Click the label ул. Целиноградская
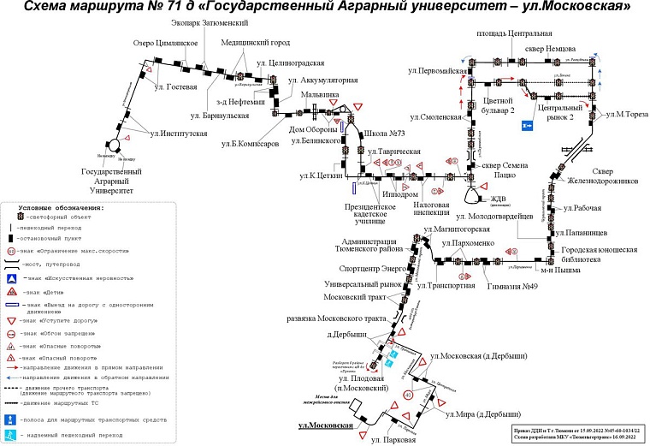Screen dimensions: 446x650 click(x=291, y=63)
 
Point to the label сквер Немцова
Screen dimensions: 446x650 click(x=574, y=48)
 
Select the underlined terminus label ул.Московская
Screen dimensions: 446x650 click(x=326, y=425)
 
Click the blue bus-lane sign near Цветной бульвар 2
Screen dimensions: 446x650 click(x=527, y=125)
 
